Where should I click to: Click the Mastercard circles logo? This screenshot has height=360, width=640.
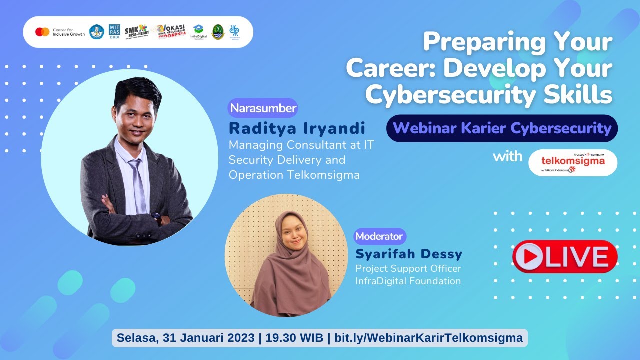[x=42, y=32]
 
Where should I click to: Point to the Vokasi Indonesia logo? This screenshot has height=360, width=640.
[x=170, y=32]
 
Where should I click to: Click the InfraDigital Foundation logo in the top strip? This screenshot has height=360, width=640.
[x=198, y=32]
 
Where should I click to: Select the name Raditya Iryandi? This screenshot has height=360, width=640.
[x=297, y=128]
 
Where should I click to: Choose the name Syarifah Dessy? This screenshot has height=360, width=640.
[x=409, y=254]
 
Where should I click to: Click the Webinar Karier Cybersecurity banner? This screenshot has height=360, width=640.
[x=502, y=128]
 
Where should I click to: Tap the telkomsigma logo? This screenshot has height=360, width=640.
[x=573, y=163]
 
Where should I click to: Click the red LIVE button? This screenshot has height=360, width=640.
[x=564, y=257]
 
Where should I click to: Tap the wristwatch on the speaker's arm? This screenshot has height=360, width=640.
[x=156, y=217]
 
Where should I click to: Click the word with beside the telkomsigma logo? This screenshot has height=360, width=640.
[x=507, y=156]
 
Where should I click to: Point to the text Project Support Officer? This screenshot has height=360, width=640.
[x=408, y=269]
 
